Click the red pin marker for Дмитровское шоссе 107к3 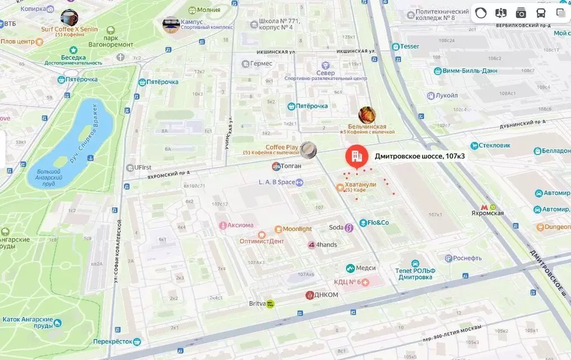(356, 156)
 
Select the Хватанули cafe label (360, 185)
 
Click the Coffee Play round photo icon (308, 150)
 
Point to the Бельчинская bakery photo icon (367, 115)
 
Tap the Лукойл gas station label (447, 95)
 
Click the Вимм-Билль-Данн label (462, 71)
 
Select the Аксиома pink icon (223, 225)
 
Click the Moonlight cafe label (297, 229)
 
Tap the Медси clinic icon (351, 268)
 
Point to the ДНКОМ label (327, 295)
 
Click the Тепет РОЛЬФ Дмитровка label (415, 273)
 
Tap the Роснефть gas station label (467, 258)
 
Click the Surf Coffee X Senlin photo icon (69, 18)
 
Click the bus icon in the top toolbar (540, 13)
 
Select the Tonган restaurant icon (276, 166)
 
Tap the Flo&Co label (378, 223)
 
